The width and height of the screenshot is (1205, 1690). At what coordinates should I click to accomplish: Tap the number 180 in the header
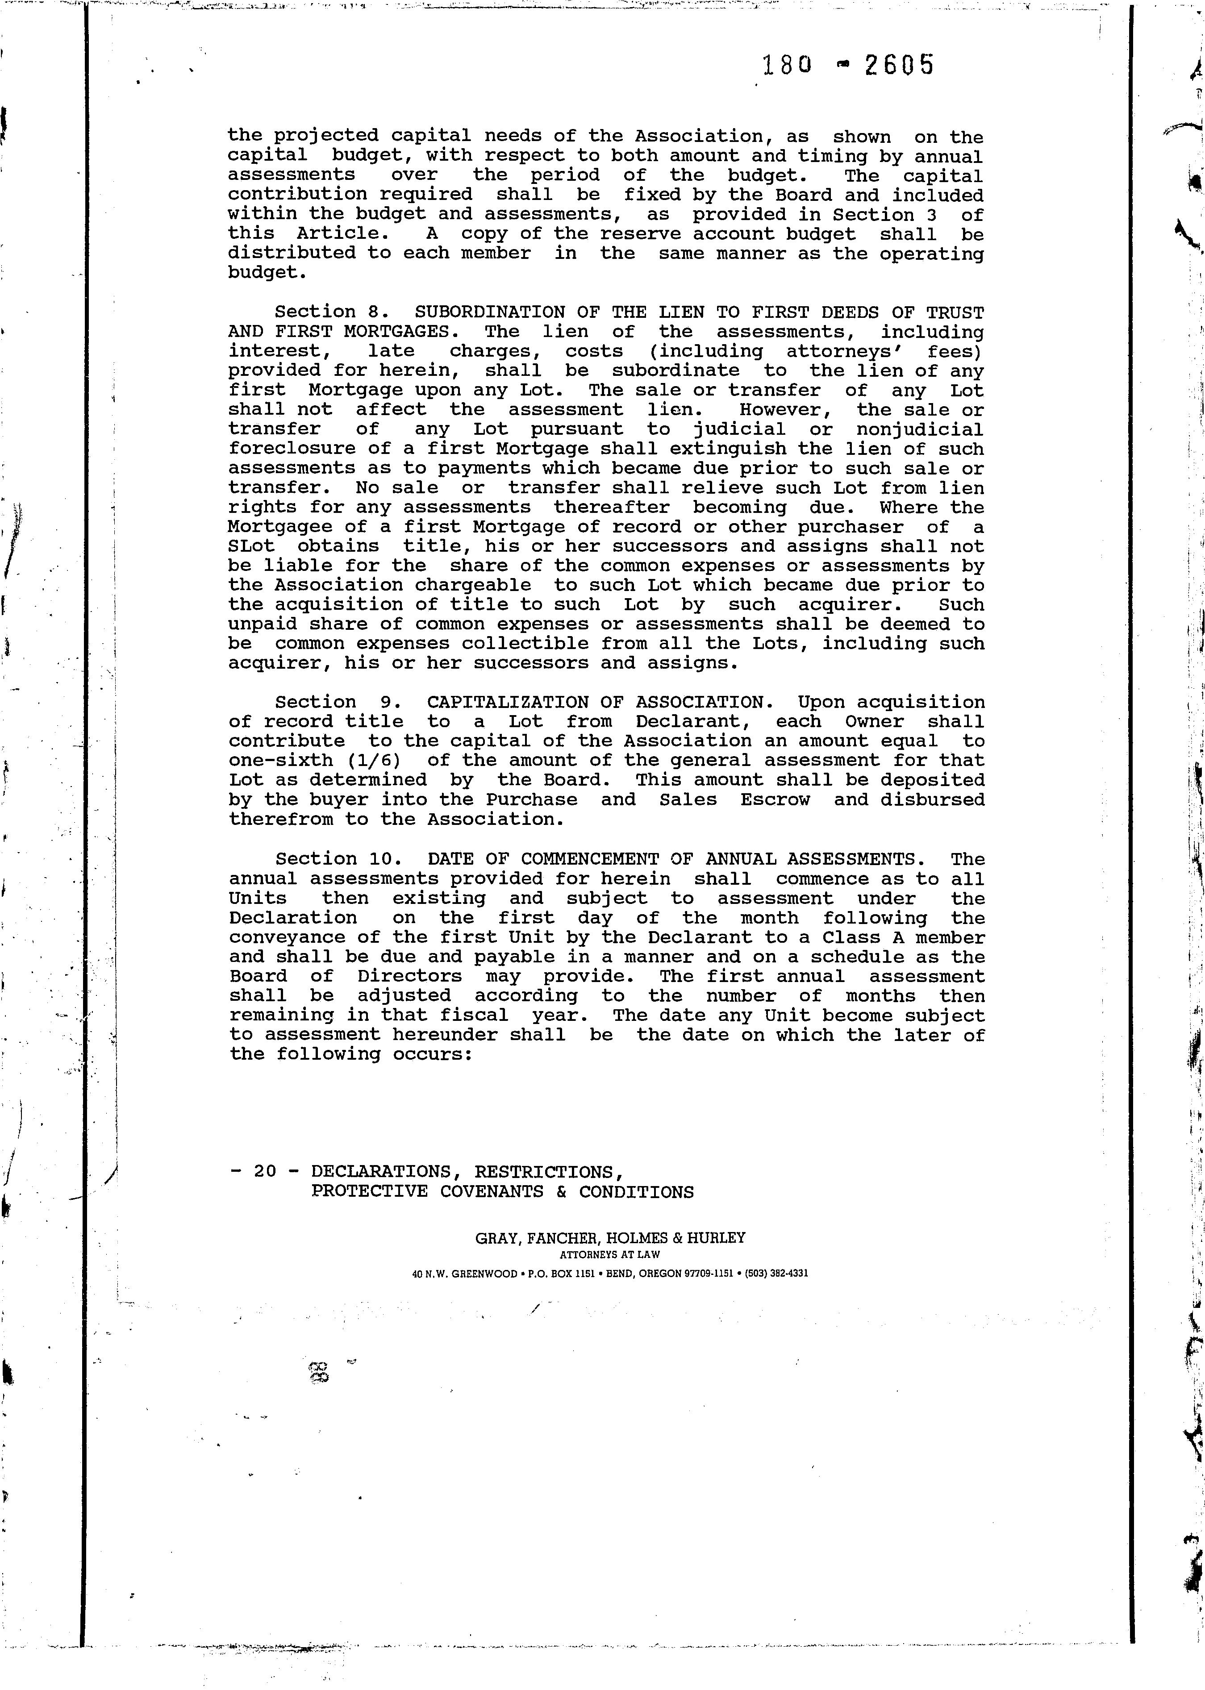pyautogui.click(x=787, y=67)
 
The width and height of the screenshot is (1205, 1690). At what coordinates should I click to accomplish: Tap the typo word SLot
pyautogui.click(x=251, y=547)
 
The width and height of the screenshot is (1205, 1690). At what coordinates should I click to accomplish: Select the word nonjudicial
pyautogui.click(x=920, y=429)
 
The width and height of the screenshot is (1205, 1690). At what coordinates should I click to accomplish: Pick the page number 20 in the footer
pyautogui.click(x=265, y=1171)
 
